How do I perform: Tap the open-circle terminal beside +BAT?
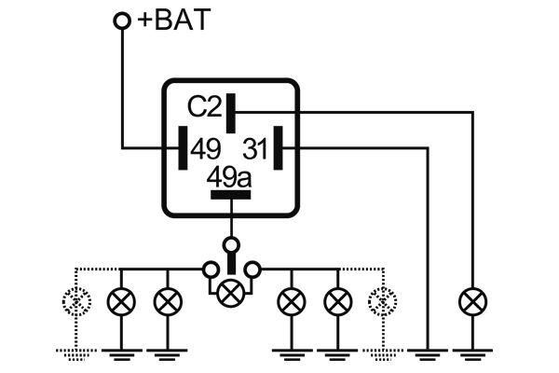(x=121, y=21)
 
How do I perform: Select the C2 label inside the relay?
(x=205, y=109)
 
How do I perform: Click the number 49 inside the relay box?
(x=205, y=149)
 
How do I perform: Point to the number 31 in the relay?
(x=255, y=149)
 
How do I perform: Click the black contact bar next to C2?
(x=229, y=110)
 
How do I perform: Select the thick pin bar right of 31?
(x=279, y=149)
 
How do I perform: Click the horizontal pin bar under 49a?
(x=230, y=195)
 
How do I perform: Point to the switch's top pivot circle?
(x=230, y=245)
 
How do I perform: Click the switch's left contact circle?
(x=209, y=270)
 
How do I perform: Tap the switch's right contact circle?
(x=252, y=270)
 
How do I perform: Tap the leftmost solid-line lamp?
(x=121, y=301)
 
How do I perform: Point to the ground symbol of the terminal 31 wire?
(x=429, y=352)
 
